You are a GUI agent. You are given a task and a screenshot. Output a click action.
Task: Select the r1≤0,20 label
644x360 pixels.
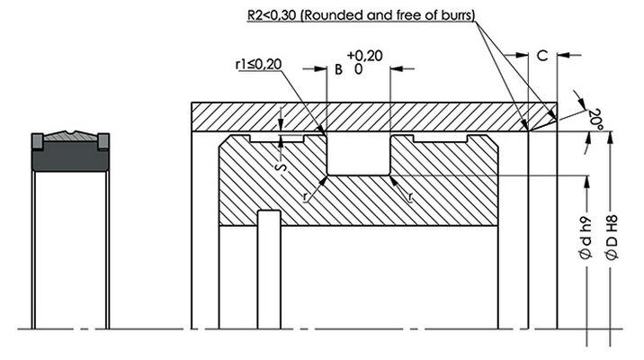pos(259,64)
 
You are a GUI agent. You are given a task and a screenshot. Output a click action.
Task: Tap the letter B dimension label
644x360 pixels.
pos(339,68)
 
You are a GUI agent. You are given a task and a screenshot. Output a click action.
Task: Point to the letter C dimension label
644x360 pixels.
pos(541,56)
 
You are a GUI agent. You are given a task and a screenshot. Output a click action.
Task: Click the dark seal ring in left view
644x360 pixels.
pos(71,159)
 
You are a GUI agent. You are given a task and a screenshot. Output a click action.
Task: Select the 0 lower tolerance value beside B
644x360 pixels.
pos(359,68)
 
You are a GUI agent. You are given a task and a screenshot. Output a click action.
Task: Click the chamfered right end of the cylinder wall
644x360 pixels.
pos(545,116)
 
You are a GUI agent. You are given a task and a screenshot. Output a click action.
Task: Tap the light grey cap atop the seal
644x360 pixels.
pos(71,138)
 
